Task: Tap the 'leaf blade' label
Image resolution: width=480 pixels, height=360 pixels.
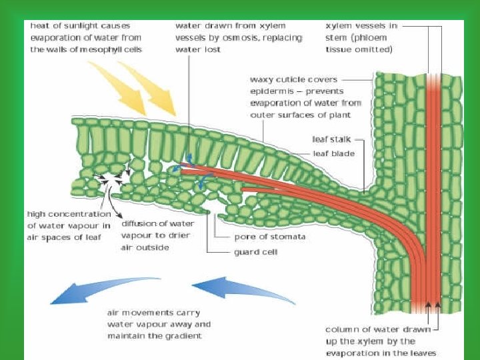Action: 334,153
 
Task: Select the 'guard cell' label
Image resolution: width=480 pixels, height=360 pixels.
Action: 255,252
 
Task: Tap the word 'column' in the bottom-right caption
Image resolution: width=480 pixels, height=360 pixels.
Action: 341,329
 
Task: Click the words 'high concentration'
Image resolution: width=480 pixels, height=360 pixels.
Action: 69,214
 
